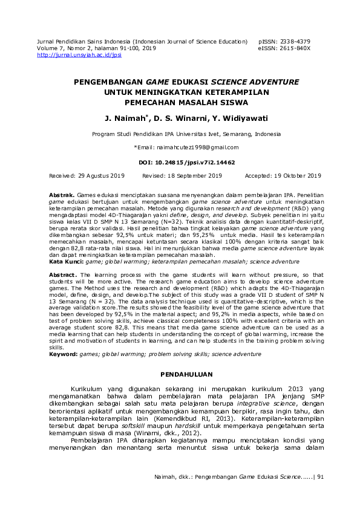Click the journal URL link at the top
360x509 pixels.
79,54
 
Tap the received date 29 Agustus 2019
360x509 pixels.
101,175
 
